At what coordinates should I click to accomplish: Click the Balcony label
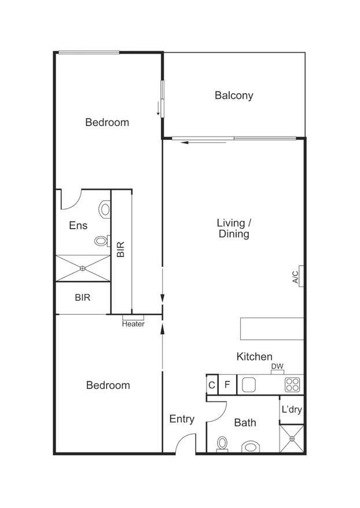234,95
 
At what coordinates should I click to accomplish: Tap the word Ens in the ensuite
78,226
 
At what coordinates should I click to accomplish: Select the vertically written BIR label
120,249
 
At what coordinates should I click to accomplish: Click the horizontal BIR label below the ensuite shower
82,298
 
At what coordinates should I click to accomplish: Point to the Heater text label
133,324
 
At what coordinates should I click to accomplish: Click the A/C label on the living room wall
295,277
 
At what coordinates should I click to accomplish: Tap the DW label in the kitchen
277,366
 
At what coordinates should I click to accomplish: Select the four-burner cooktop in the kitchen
292,384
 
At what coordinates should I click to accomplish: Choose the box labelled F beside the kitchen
227,385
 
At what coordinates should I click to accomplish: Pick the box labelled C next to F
212,385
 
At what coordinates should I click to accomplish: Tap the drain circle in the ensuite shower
83,268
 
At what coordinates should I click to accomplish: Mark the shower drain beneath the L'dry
292,439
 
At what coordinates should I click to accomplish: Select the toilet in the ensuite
101,241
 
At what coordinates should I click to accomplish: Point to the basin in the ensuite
105,209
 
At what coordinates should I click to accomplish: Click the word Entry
182,419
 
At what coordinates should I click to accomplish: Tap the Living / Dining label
233,229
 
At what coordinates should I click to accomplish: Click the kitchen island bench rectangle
272,329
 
